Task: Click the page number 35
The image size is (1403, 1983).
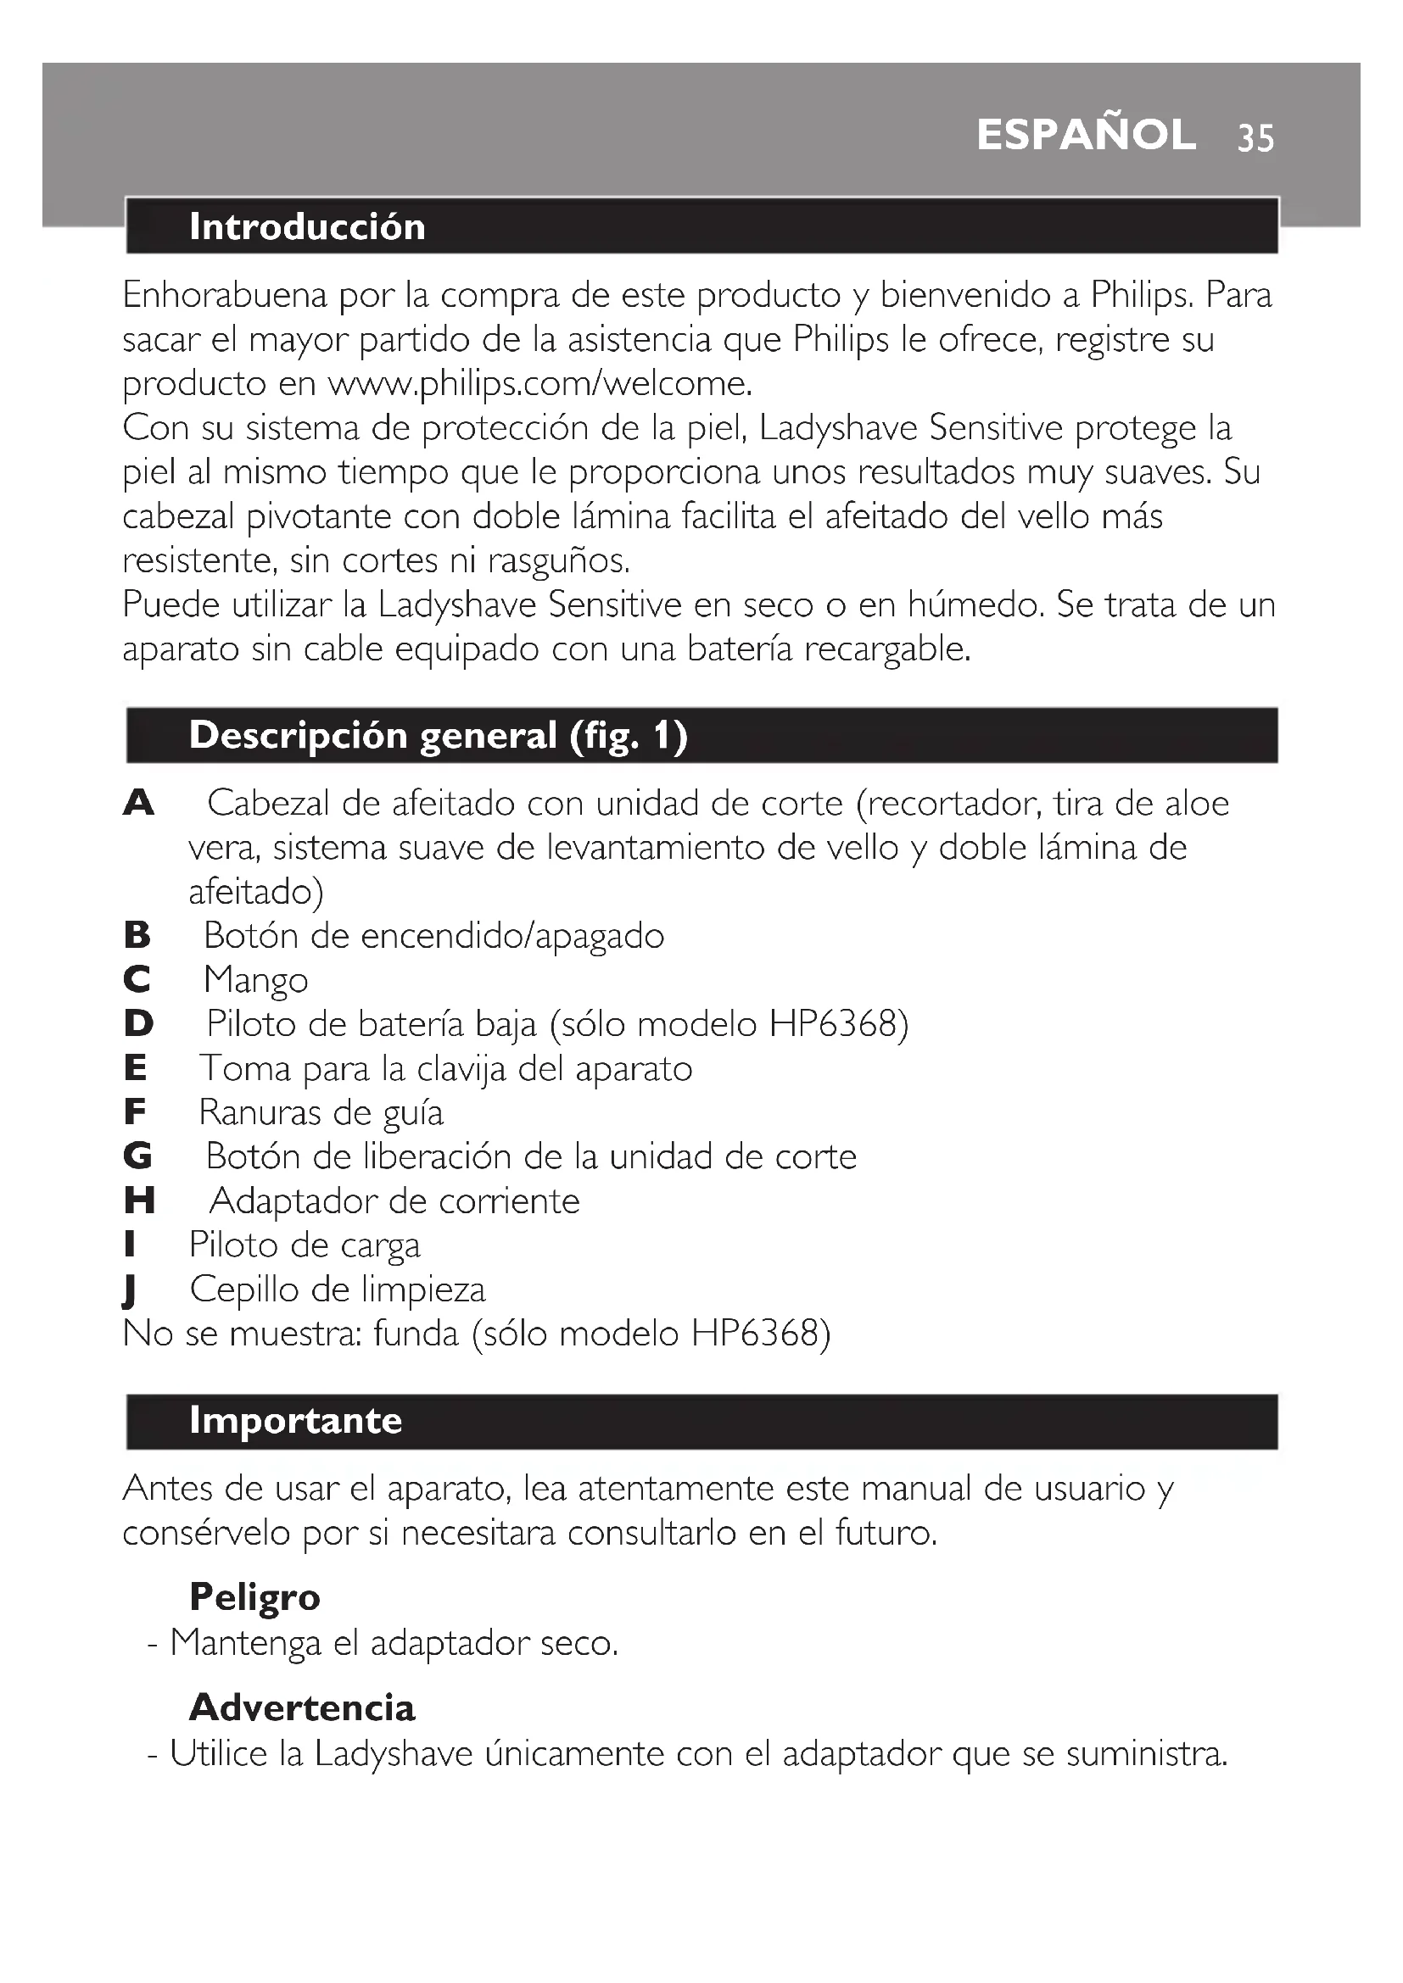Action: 1255,138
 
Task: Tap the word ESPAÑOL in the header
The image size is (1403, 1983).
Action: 1086,136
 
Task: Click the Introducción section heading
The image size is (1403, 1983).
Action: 307,226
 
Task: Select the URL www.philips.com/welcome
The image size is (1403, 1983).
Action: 539,382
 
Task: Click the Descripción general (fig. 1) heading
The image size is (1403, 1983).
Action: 438,735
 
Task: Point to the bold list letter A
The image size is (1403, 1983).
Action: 138,803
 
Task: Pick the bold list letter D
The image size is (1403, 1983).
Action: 138,1023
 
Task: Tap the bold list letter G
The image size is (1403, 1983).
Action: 138,1156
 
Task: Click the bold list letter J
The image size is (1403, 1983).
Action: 130,1290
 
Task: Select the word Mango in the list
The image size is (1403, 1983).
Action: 255,980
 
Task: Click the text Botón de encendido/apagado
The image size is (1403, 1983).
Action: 433,935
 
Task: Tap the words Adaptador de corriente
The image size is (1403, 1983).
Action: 394,1200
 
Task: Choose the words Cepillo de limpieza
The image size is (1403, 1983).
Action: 338,1290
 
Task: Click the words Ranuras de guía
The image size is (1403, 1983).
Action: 321,1112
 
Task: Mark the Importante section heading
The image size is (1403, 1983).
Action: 295,1421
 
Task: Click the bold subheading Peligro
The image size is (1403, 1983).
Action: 254,1597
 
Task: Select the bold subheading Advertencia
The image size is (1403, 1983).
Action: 301,1707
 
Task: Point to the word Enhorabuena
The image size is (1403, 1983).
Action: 225,295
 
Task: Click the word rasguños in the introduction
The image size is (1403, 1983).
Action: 558,560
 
